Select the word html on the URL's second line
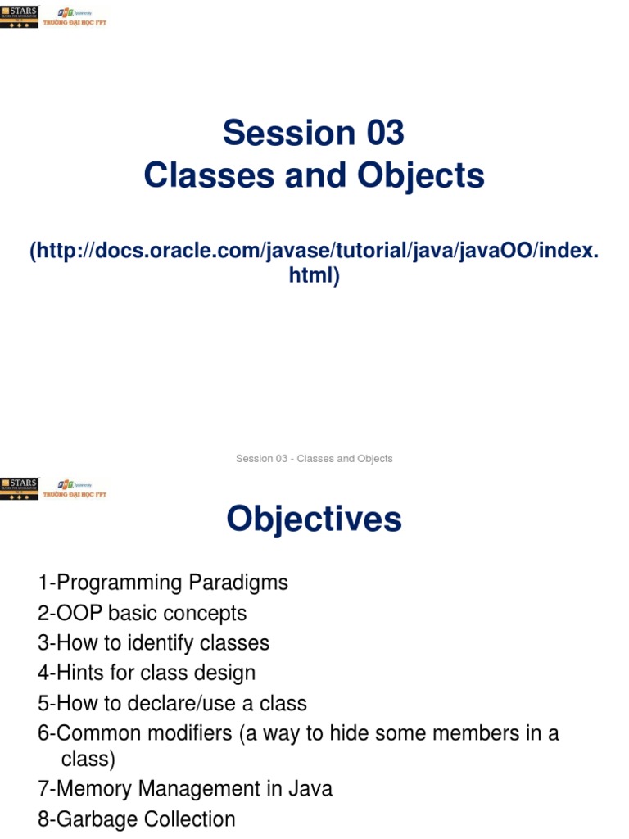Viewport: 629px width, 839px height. point(311,276)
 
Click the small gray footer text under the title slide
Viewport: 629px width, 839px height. point(314,459)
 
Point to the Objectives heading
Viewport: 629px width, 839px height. point(314,519)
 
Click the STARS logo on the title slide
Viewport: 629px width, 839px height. point(19,16)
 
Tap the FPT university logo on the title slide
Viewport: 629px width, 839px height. point(80,17)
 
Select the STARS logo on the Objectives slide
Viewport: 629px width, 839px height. point(19,489)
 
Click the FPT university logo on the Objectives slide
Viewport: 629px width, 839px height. point(80,490)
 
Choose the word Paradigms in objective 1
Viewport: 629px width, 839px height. point(238,583)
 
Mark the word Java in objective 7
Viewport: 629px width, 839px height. point(310,789)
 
